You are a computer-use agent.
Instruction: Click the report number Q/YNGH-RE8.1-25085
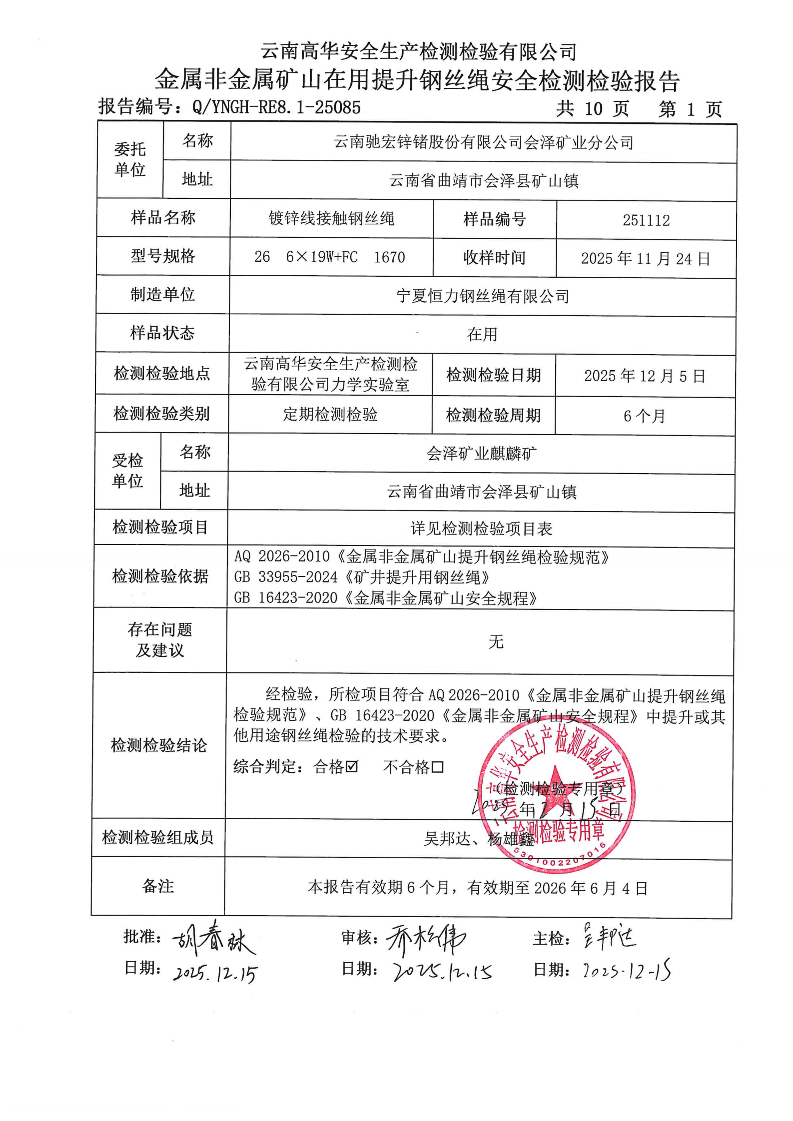[x=276, y=107]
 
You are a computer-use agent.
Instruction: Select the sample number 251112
[x=646, y=220]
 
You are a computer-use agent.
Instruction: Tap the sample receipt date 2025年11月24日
[x=645, y=259]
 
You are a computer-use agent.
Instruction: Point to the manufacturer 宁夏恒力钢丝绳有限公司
[x=483, y=297]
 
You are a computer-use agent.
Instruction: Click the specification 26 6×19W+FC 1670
[x=330, y=257]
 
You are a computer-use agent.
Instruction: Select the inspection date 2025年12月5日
[x=645, y=376]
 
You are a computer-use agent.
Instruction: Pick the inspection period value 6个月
[x=644, y=416]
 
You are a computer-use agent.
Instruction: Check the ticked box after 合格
[x=352, y=766]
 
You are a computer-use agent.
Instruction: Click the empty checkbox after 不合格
[x=438, y=767]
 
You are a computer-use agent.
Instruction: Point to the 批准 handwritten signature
[x=214, y=938]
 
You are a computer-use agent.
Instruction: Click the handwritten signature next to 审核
[x=426, y=939]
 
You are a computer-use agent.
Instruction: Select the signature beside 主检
[x=610, y=937]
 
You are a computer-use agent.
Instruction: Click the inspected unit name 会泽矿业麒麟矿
[x=482, y=454]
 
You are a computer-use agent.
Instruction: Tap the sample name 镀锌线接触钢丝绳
[x=331, y=219]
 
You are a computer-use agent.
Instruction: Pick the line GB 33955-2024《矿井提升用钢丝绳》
[x=362, y=577]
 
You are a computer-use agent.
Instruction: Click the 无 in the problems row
[x=496, y=641]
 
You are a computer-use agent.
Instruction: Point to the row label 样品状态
[x=162, y=333]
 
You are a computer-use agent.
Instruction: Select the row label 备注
[x=158, y=886]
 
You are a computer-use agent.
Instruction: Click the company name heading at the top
[x=419, y=51]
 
